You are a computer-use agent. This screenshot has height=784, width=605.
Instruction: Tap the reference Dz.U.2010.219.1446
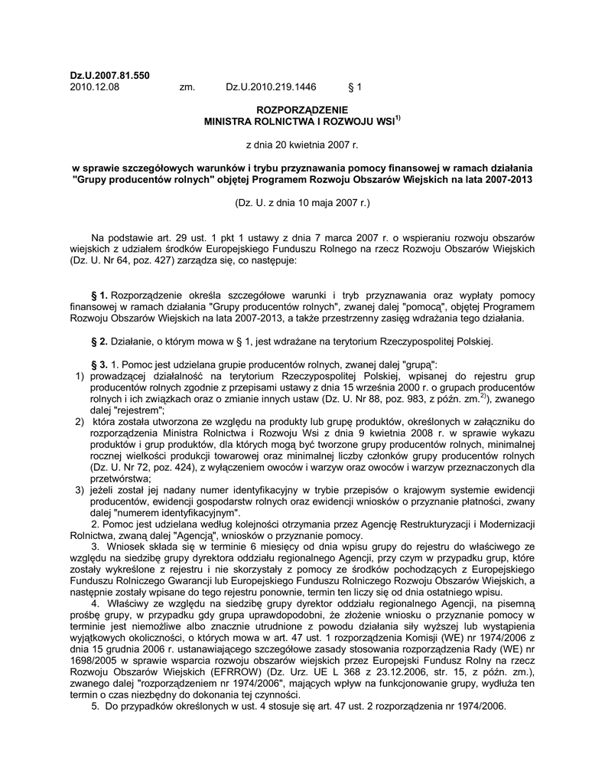(271, 87)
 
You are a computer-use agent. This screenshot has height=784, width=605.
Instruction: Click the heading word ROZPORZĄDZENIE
(301, 111)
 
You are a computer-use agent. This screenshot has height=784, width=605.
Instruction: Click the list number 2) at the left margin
(79, 422)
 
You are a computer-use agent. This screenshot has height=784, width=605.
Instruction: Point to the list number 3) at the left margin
(79, 489)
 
